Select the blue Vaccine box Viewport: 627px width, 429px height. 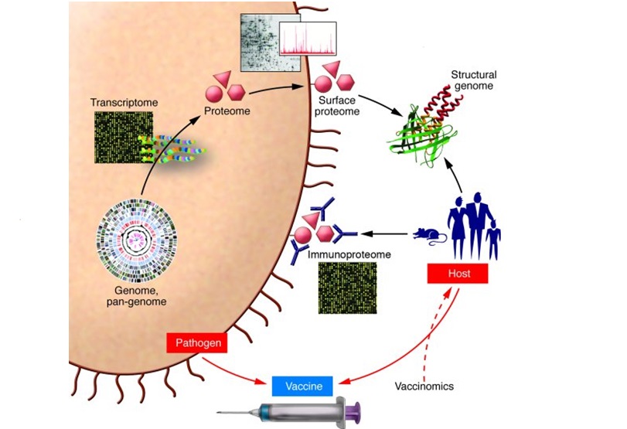[x=303, y=385]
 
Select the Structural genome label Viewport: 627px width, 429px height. [x=474, y=80]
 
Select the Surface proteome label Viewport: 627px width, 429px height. [x=339, y=106]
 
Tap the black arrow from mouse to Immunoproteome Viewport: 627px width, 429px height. [x=379, y=233]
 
